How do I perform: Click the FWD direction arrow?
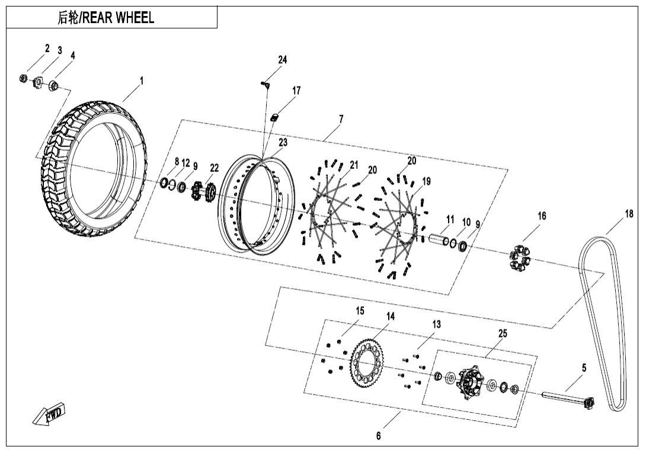[49, 416]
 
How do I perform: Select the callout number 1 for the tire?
[142, 81]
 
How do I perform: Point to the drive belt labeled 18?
[602, 320]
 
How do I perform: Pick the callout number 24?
[283, 60]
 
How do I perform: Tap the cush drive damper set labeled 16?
[520, 256]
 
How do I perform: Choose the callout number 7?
[341, 119]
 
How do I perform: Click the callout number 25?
[503, 334]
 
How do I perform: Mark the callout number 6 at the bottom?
[379, 436]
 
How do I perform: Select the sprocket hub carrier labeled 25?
[470, 384]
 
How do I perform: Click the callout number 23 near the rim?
[283, 143]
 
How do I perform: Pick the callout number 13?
[436, 324]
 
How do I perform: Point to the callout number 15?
[360, 311]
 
